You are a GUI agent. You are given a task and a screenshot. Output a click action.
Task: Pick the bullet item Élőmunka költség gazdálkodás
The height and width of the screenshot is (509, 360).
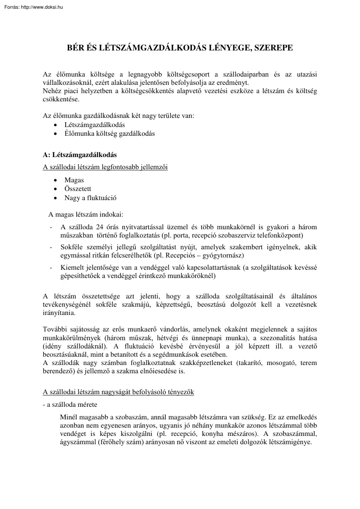(x=109, y=134)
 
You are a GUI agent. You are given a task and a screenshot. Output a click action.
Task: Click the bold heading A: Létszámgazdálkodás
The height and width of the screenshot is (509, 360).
(x=80, y=154)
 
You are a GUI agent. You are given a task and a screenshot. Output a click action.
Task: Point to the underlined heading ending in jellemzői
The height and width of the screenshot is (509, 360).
(x=105, y=167)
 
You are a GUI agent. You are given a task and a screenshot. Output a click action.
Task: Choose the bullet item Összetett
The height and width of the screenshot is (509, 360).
(x=77, y=189)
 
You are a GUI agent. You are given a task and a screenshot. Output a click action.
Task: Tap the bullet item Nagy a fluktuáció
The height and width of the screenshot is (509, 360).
(x=90, y=198)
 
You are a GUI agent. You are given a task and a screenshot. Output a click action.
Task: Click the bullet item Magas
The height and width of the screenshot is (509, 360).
(x=74, y=180)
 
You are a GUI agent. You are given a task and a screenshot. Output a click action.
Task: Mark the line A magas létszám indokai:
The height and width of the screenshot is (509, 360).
(x=86, y=214)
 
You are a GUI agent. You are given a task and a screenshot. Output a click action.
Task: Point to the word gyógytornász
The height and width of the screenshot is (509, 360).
(x=225, y=255)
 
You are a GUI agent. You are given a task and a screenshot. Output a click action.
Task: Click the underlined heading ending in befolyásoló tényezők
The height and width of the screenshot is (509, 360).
(x=118, y=392)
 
